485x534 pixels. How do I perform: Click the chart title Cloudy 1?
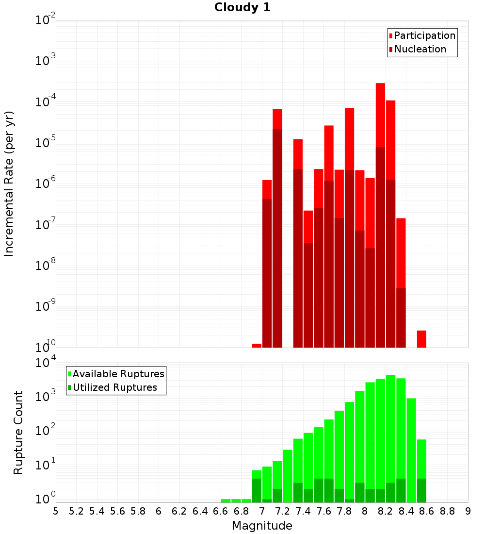click(242, 7)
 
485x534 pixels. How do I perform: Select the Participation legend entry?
click(422, 35)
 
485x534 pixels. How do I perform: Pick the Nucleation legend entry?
click(418, 49)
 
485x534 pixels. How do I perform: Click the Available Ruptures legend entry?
click(116, 374)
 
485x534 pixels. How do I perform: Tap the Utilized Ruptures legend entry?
click(113, 387)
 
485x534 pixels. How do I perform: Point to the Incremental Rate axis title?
click(9, 184)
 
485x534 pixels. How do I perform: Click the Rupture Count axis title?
click(18, 433)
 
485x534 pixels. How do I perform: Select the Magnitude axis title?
click(262, 525)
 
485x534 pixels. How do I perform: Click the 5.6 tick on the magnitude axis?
click(117, 511)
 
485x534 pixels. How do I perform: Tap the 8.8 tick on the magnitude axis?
click(447, 511)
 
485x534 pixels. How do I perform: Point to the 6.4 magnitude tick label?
click(200, 511)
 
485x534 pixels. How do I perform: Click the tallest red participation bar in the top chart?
click(381, 215)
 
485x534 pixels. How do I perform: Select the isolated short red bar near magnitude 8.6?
click(421, 339)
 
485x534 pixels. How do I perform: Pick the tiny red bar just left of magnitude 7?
click(257, 346)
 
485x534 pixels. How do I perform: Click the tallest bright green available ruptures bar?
click(391, 439)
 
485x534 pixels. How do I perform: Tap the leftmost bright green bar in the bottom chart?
click(226, 501)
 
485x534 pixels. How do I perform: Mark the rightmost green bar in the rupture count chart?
click(421, 471)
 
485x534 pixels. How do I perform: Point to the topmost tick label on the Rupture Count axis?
click(46, 362)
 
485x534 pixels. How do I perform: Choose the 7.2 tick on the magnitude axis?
click(282, 511)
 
